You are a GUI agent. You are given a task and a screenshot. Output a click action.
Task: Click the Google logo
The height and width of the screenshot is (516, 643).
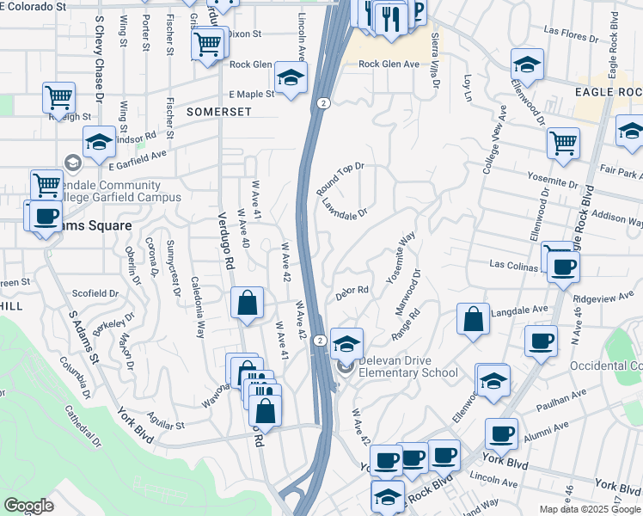click(28, 506)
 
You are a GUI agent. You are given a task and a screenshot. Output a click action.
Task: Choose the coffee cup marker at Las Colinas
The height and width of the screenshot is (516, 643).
click(563, 266)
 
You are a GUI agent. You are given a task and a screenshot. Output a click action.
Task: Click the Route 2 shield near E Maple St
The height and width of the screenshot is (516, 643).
click(321, 102)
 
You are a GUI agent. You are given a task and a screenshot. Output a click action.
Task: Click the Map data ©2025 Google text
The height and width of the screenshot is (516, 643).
click(589, 509)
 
